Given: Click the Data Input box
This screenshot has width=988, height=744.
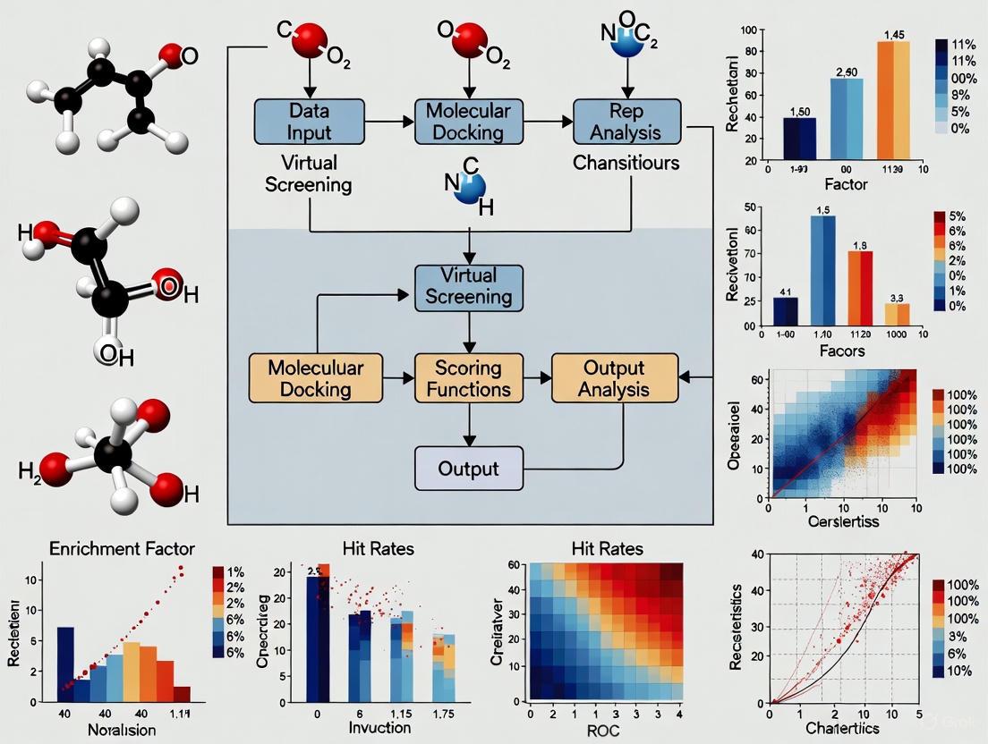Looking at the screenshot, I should (311, 122).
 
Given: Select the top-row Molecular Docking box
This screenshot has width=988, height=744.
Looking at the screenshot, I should (468, 122).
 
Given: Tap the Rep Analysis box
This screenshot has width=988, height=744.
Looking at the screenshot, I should (626, 122).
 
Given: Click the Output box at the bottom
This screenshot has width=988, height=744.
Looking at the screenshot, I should (468, 469).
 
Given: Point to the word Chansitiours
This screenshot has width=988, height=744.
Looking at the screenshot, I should (626, 163).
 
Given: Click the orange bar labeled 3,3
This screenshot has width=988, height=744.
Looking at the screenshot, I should (897, 314).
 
